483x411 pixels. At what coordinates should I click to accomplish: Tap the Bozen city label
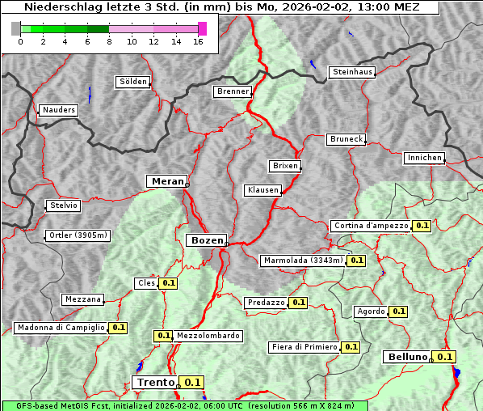(x=207, y=240)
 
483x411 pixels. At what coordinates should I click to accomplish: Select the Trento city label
(x=156, y=383)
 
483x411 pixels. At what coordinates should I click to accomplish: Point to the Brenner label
(x=233, y=91)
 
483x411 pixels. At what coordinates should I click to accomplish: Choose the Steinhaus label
(x=353, y=72)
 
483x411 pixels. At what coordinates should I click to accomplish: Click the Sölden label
(x=133, y=82)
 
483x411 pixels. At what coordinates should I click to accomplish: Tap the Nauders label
(x=59, y=110)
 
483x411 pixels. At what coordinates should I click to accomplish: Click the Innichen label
(x=424, y=158)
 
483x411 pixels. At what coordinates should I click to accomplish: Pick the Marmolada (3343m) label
(x=304, y=261)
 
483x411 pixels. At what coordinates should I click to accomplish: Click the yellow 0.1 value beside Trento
(x=192, y=383)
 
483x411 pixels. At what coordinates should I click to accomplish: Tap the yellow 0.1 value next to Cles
(x=168, y=283)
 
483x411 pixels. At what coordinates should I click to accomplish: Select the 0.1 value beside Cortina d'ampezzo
(x=422, y=226)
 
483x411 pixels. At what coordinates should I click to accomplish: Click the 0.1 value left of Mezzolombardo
(x=163, y=336)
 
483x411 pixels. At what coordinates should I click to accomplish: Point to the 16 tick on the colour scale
(x=199, y=41)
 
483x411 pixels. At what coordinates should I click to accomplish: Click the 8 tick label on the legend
(x=109, y=41)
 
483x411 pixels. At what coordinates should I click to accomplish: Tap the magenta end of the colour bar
(x=202, y=28)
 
